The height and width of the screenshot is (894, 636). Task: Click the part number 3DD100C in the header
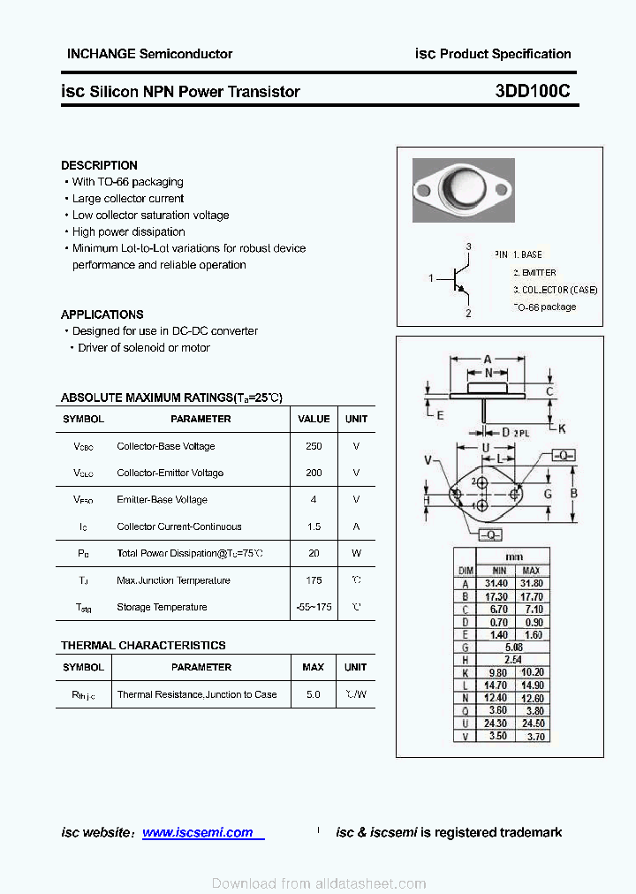click(x=533, y=91)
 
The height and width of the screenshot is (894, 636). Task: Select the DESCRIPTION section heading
click(x=99, y=165)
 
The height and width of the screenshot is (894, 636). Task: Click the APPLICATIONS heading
click(x=102, y=314)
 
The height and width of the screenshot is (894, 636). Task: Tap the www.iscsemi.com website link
click(x=197, y=832)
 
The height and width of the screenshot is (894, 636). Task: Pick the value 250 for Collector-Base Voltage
click(x=314, y=446)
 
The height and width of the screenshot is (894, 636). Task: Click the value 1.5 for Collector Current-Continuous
click(x=314, y=527)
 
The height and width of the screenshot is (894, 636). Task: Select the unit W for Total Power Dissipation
click(x=356, y=554)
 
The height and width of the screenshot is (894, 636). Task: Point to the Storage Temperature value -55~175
click(x=314, y=608)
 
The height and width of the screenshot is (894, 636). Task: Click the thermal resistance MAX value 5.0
click(x=313, y=694)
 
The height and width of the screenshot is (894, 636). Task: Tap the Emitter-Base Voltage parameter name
click(x=162, y=500)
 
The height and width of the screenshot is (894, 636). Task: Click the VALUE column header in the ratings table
click(x=314, y=419)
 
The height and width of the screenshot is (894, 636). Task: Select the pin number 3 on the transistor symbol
click(x=468, y=246)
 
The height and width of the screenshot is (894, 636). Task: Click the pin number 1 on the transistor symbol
click(x=431, y=279)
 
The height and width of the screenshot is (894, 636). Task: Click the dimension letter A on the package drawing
click(x=488, y=359)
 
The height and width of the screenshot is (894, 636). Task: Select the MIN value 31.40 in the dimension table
click(x=496, y=584)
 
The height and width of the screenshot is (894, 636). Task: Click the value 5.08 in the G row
click(x=513, y=647)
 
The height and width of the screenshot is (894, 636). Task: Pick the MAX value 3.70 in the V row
click(x=534, y=736)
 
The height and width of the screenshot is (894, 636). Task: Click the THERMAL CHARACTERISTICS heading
click(x=143, y=646)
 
